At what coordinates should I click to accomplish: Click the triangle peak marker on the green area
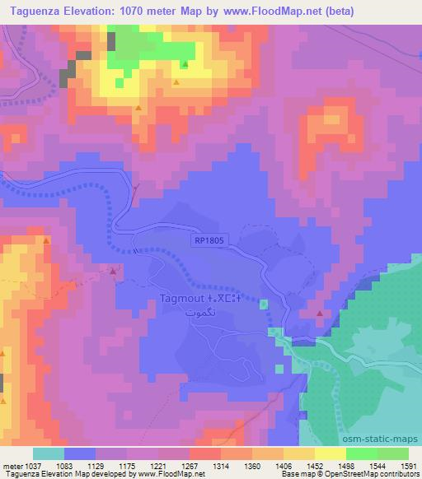coord(185,64)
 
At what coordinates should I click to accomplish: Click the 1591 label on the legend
coord(407,465)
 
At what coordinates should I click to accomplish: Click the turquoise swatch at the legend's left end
coord(49,453)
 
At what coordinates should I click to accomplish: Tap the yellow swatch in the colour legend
coord(330,453)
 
